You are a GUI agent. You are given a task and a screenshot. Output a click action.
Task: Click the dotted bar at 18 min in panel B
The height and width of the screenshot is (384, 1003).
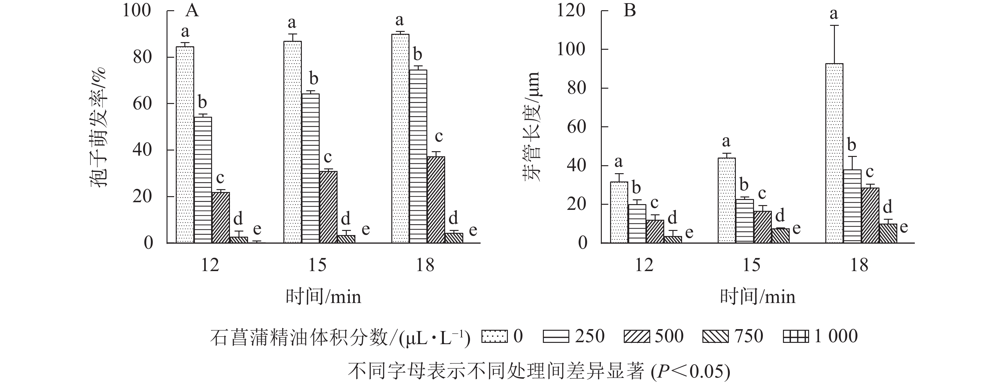click(834, 153)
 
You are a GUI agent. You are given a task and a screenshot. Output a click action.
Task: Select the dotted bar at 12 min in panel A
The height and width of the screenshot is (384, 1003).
click(185, 144)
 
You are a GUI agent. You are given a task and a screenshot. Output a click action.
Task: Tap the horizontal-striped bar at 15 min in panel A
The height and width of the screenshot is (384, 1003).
click(310, 168)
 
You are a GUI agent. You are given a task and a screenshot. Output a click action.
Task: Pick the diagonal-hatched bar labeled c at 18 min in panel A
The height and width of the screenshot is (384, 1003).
click(436, 200)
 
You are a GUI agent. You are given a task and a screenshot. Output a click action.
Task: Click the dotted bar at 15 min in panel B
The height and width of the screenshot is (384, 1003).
click(727, 200)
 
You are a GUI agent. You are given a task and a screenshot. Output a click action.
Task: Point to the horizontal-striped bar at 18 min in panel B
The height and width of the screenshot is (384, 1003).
click(852, 206)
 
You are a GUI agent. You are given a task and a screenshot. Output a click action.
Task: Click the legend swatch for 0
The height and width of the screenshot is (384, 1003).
click(494, 336)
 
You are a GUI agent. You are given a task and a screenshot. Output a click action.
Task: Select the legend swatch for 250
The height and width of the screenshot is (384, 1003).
click(556, 336)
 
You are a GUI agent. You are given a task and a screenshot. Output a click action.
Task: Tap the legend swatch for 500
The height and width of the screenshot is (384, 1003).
click(637, 336)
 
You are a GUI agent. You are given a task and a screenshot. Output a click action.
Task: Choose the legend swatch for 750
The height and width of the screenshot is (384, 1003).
click(716, 336)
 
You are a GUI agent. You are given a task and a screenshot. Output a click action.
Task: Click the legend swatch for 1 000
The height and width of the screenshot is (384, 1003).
click(795, 336)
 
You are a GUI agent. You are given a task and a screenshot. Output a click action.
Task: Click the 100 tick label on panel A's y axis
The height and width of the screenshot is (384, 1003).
click(137, 11)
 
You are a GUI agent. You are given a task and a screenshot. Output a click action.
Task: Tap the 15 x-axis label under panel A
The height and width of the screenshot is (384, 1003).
click(317, 265)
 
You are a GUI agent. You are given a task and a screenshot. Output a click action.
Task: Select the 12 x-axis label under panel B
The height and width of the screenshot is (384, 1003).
click(644, 265)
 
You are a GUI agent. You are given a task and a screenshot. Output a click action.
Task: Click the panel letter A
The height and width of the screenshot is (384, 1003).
click(192, 11)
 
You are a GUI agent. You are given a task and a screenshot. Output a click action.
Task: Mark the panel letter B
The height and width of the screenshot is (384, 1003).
click(630, 11)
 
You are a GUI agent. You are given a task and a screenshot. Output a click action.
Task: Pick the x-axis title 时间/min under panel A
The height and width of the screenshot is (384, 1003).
click(323, 297)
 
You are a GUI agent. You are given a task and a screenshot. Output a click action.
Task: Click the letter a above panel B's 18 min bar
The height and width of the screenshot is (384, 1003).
click(834, 14)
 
